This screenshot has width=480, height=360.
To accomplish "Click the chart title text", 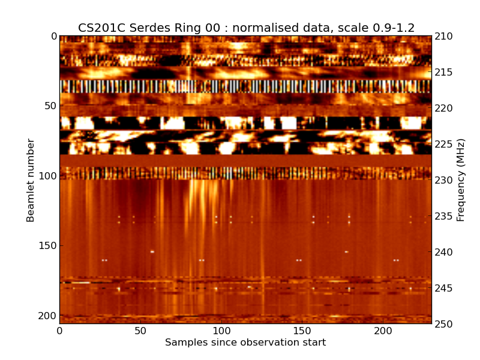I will (246, 28).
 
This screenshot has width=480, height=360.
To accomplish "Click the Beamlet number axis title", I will (31, 180).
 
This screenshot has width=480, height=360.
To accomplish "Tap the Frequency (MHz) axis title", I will (461, 180).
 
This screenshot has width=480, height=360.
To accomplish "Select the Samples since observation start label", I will (245, 343).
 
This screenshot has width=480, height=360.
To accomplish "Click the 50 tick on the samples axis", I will (140, 331).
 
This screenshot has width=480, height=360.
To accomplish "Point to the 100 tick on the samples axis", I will (221, 331).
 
